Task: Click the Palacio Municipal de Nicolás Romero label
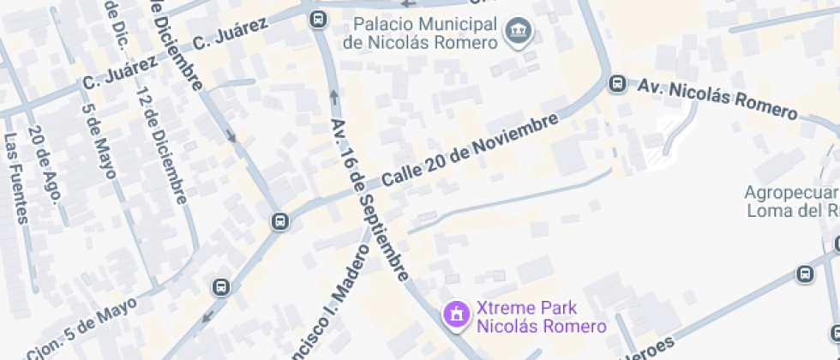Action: [420, 33]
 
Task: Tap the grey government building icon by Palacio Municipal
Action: [519, 33]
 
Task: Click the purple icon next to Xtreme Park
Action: [456, 314]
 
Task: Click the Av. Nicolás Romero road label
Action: [717, 99]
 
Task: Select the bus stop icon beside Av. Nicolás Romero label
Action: [616, 84]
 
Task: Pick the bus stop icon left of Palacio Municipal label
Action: [318, 19]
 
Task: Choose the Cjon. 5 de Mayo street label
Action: [81, 327]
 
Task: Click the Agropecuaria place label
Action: [792, 201]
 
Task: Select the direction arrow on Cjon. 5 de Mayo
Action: [207, 317]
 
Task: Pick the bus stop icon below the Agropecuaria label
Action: [805, 274]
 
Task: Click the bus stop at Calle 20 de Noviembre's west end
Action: [279, 222]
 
